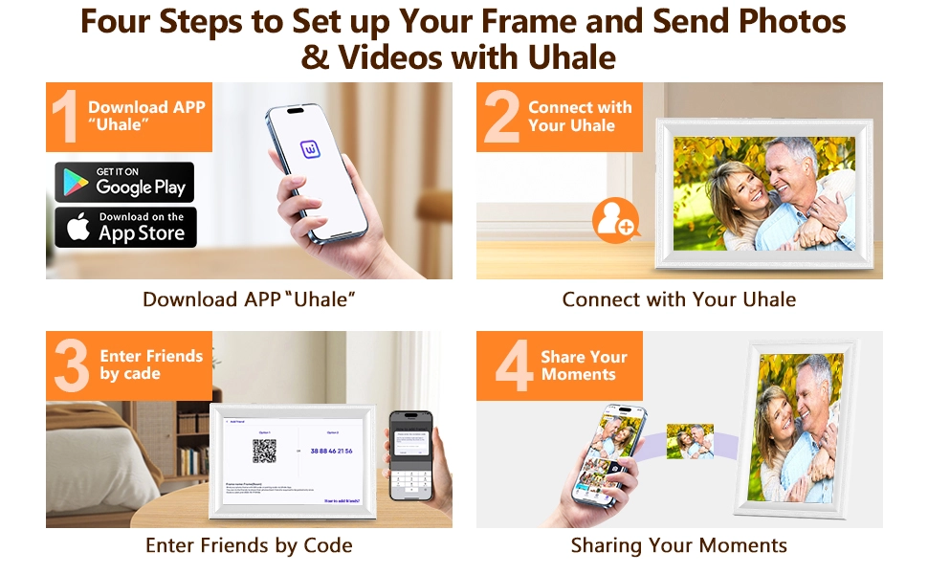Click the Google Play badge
click(x=124, y=182)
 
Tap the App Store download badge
click(x=124, y=228)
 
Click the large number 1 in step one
click(x=65, y=118)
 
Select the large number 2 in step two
click(x=501, y=118)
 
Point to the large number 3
click(x=71, y=366)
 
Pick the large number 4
click(x=513, y=366)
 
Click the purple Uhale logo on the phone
click(x=312, y=149)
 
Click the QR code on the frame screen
click(x=264, y=451)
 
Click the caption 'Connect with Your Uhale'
click(x=678, y=299)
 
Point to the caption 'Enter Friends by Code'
click(x=249, y=546)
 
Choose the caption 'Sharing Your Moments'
click(x=678, y=546)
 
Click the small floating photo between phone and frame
click(x=690, y=441)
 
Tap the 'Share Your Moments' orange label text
click(x=584, y=365)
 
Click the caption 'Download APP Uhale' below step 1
click(x=249, y=299)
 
